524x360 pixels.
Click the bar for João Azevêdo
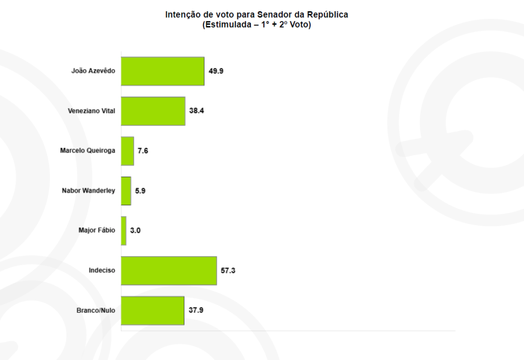(163, 71)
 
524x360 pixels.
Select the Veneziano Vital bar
(153, 111)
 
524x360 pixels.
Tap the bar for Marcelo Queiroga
(127, 151)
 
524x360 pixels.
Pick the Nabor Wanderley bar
(126, 190)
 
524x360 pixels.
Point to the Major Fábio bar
(124, 230)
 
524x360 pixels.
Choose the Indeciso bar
(169, 270)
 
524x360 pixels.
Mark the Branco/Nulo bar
(152, 310)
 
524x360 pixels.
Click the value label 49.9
(216, 71)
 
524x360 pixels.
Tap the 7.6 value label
(143, 151)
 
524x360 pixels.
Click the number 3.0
(135, 230)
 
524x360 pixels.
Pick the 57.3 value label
(228, 270)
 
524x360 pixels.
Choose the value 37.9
(196, 310)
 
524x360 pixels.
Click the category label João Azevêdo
(93, 71)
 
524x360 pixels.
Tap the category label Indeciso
(102, 270)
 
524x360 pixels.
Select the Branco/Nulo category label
(96, 310)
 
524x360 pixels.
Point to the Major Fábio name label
(97, 230)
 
